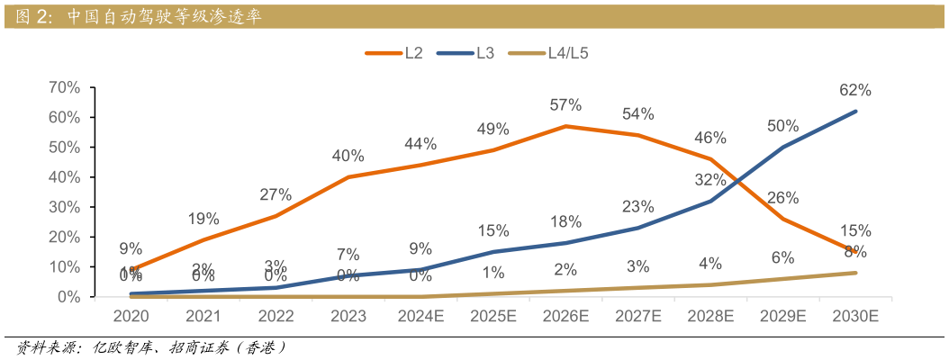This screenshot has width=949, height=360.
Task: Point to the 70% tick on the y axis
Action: click(x=64, y=87)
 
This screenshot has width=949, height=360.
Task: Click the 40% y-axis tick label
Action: click(x=64, y=177)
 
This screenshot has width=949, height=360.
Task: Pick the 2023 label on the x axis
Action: click(x=348, y=317)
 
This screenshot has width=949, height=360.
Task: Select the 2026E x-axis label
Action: click(x=565, y=317)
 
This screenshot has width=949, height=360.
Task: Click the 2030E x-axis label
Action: click(x=855, y=317)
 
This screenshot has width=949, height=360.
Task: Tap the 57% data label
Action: click(x=565, y=105)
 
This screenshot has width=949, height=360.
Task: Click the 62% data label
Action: click(x=855, y=90)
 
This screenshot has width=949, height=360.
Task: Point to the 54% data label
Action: click(x=637, y=114)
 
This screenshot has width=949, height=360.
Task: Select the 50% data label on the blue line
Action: click(x=782, y=126)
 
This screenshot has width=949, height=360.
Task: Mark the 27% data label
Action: click(x=276, y=194)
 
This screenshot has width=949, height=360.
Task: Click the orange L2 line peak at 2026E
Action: click(x=565, y=126)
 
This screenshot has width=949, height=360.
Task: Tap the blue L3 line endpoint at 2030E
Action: click(x=855, y=112)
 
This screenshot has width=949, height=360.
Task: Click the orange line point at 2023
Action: click(x=348, y=177)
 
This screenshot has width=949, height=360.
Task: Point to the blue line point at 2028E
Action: click(x=710, y=201)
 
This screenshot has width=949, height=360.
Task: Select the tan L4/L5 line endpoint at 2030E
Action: click(x=855, y=273)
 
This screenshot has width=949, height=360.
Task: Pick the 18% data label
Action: click(x=565, y=222)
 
